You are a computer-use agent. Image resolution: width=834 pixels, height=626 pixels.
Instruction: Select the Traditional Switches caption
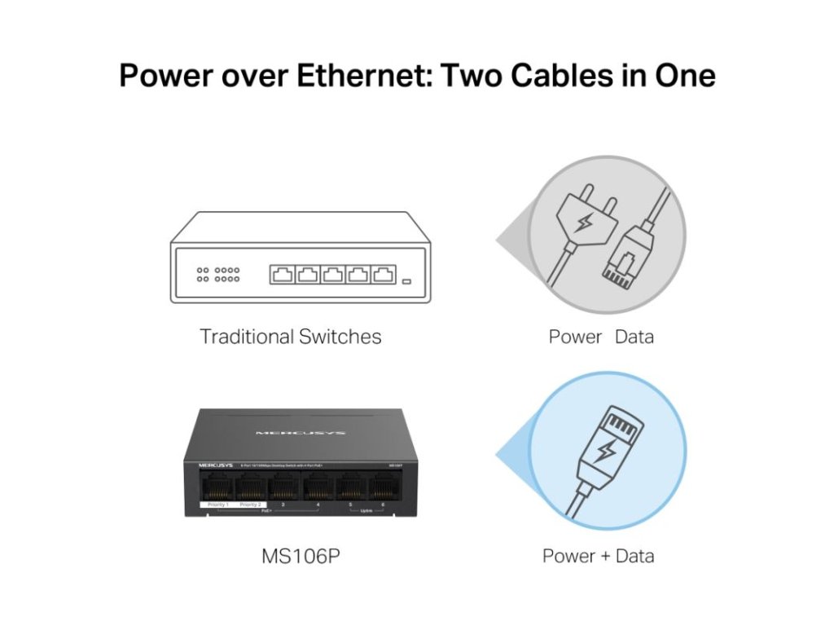(x=291, y=336)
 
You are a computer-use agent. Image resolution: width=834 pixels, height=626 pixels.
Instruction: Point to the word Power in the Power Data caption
(x=575, y=336)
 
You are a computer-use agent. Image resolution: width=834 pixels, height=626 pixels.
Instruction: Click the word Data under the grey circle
(x=634, y=336)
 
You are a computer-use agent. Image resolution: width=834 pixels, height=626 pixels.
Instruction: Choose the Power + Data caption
(x=599, y=556)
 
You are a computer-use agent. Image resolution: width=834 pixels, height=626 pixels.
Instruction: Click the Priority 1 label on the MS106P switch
(x=218, y=505)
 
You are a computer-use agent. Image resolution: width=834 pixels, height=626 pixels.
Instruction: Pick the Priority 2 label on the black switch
(x=251, y=505)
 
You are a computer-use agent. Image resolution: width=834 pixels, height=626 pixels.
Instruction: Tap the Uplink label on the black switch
(x=366, y=511)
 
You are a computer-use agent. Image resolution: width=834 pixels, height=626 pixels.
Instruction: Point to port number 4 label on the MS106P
(x=318, y=505)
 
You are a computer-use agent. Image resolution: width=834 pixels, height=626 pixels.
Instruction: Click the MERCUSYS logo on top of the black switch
(x=301, y=433)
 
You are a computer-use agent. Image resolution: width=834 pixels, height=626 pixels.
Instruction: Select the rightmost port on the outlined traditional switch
(x=384, y=275)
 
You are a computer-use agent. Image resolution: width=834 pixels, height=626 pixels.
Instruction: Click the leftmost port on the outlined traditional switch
(x=282, y=275)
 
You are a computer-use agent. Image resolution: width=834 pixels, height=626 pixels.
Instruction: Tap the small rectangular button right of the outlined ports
(x=407, y=281)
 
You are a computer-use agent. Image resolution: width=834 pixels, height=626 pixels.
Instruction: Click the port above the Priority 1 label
(x=218, y=488)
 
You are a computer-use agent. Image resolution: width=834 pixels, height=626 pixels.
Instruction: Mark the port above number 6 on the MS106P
(x=382, y=488)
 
